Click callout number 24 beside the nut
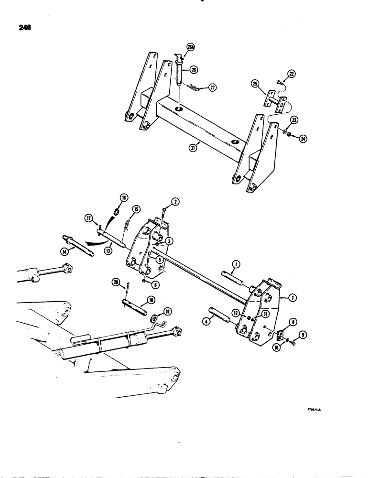[303, 139]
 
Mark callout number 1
[235, 264]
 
